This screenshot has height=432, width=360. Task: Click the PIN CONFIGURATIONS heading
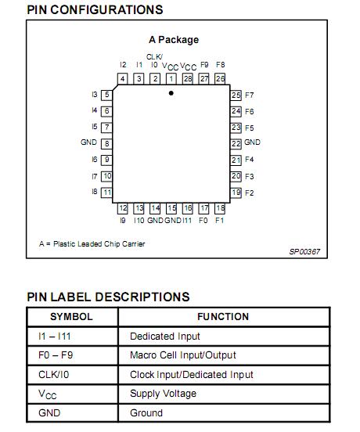(95, 10)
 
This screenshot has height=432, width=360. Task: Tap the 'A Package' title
(174, 39)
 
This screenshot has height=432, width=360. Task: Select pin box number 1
(171, 78)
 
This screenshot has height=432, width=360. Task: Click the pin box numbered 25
(236, 95)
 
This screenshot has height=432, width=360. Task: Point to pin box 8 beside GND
(106, 143)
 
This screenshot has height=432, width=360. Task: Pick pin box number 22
(236, 143)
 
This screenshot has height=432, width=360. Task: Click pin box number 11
(106, 192)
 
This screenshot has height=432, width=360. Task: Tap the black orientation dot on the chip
(171, 92)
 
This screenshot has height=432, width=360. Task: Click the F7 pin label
(250, 95)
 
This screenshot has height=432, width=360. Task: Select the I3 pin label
(94, 95)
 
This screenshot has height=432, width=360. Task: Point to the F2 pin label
(250, 193)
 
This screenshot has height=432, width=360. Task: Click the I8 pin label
(94, 192)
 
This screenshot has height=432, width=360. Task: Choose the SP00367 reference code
(304, 251)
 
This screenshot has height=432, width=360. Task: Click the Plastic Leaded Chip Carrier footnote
(92, 243)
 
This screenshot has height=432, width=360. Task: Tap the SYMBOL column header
(71, 317)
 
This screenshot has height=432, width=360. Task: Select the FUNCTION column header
(224, 317)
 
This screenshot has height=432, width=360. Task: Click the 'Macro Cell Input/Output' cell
(182, 355)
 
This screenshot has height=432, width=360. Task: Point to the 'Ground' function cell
(146, 412)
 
